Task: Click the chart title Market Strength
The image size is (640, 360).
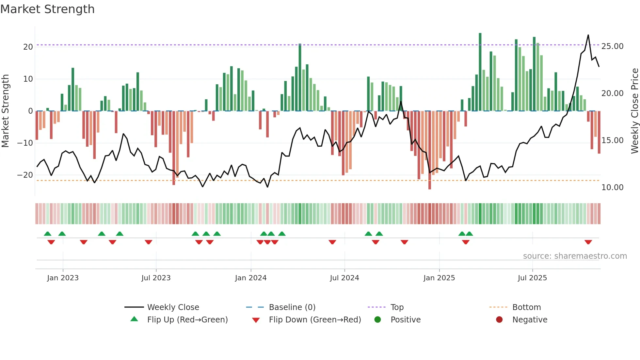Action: pyautogui.click(x=47, y=9)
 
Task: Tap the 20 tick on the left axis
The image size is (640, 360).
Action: pyautogui.click(x=28, y=47)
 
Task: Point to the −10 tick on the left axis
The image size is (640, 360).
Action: pyautogui.click(x=25, y=143)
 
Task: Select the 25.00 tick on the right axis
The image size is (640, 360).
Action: pyautogui.click(x=612, y=46)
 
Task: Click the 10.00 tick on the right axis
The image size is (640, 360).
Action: pyautogui.click(x=612, y=188)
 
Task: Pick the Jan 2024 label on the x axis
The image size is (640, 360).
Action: pyautogui.click(x=250, y=278)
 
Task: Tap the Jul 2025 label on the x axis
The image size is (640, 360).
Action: pyautogui.click(x=532, y=278)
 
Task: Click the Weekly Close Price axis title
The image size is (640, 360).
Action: pyautogui.click(x=634, y=111)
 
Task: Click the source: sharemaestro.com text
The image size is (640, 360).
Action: pyautogui.click(x=575, y=256)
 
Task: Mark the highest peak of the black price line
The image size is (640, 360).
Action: pyautogui.click(x=588, y=35)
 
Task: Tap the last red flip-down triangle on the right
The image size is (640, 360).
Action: pyautogui.click(x=588, y=242)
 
